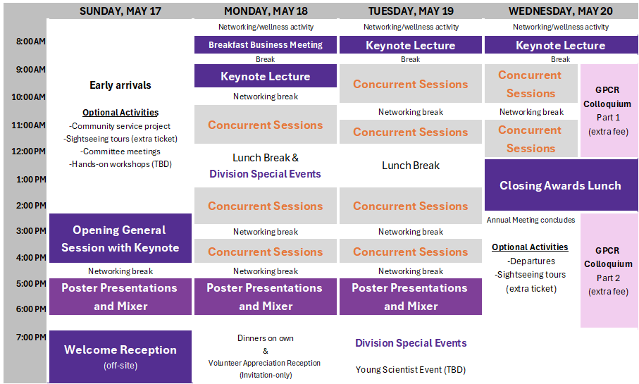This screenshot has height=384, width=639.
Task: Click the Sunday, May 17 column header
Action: point(120,11)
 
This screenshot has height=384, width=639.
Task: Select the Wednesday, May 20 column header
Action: point(560,11)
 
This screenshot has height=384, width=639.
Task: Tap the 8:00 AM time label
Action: point(31,41)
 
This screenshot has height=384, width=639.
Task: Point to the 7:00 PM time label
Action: point(31,337)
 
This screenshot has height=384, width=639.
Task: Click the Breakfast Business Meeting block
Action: point(266,45)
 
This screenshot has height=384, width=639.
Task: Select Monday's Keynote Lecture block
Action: point(266,76)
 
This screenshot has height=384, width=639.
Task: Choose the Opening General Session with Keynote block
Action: point(120,238)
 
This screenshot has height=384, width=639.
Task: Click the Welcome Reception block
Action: point(120,357)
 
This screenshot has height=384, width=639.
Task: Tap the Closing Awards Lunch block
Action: point(561,185)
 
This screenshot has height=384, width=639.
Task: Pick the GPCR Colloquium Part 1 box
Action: point(609,111)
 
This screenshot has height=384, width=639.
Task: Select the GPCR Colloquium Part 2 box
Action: point(609,271)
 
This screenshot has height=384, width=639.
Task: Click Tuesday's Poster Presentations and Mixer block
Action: point(410,297)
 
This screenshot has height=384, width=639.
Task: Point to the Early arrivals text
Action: point(120,85)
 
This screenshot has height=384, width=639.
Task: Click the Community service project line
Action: point(120,126)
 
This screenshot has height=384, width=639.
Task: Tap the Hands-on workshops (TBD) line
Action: point(120,164)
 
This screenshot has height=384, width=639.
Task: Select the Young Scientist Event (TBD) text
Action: point(410,370)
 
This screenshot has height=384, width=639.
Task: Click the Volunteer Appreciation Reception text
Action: point(264,363)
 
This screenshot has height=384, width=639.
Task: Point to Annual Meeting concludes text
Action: point(531,220)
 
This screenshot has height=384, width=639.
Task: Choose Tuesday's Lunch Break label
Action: point(410,166)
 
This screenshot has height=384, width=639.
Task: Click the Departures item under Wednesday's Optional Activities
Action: point(531,261)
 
